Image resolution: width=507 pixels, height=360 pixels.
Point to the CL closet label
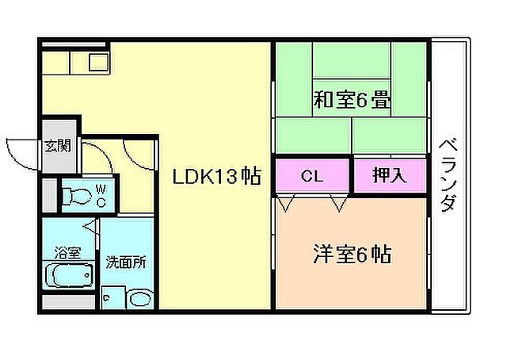click(x=312, y=176)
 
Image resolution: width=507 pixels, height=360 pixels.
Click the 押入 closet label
click(x=390, y=176)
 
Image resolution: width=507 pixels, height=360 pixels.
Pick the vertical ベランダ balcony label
click(x=448, y=176)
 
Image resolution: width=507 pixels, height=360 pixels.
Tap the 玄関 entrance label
click(x=58, y=145)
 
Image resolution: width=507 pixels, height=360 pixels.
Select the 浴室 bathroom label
click(x=67, y=253)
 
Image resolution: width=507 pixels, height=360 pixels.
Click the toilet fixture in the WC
click(x=77, y=193)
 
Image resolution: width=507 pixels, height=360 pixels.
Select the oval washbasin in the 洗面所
click(x=140, y=299)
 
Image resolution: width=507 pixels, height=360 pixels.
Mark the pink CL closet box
click(x=313, y=176)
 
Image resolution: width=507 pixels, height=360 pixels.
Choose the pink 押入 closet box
click(x=390, y=176)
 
